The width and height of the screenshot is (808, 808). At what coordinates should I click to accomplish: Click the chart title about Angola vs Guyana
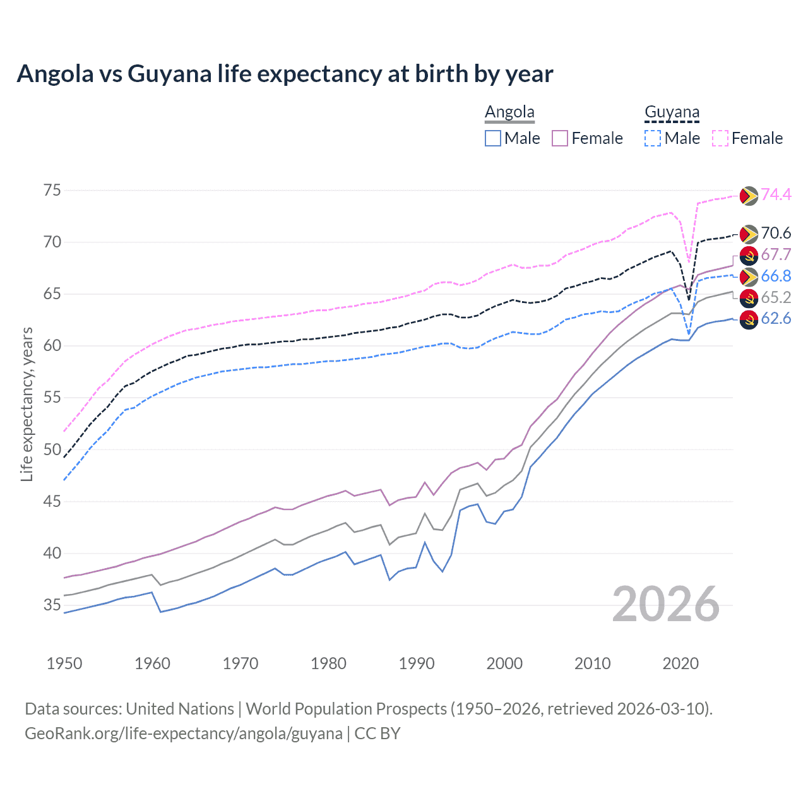285,74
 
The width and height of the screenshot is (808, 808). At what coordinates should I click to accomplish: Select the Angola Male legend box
493,138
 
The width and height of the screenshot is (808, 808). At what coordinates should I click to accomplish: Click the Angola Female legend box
560,138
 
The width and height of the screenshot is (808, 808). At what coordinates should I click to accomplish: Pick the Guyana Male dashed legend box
653,138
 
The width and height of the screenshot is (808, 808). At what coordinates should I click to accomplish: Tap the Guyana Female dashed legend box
720,138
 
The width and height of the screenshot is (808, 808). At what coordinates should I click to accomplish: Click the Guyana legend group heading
672,112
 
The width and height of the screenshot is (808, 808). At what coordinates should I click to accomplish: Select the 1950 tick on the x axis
64,663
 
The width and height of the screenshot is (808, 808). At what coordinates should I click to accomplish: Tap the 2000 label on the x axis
504,663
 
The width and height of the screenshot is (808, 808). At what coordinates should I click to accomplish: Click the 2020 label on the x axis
680,663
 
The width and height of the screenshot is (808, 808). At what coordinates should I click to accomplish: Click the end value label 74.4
776,195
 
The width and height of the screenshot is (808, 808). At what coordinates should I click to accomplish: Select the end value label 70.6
776,234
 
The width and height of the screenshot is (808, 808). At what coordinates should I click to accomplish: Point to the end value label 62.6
776,319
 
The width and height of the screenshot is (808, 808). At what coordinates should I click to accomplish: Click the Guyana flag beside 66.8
749,276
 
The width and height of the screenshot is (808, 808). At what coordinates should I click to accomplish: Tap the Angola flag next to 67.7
749,255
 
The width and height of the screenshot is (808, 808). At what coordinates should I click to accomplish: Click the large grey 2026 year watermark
666,605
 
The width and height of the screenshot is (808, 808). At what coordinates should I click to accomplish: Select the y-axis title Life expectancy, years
27,404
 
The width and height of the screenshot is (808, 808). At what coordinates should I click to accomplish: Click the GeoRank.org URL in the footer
183,734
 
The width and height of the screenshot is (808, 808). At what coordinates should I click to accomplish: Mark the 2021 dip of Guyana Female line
689,262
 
